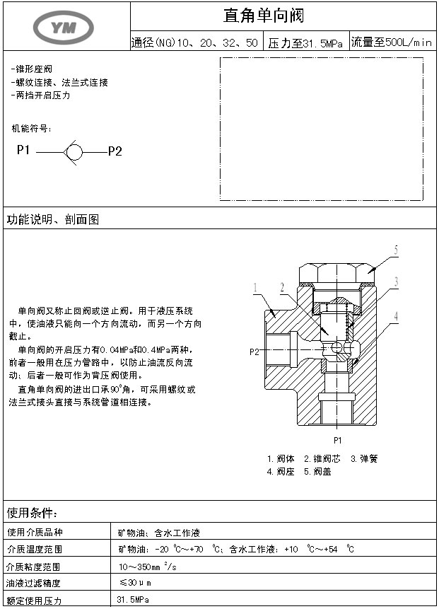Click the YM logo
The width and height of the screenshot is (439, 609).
64,26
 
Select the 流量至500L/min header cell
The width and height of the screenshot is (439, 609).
391,42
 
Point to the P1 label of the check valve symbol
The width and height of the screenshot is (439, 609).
23,150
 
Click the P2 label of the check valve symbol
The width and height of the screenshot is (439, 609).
115,151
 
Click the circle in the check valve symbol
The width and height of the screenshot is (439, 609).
74,151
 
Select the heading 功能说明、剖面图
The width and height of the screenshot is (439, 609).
53,220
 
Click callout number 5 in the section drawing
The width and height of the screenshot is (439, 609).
396,250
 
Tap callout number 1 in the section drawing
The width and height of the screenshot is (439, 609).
254,286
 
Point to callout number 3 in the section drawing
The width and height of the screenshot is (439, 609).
397,282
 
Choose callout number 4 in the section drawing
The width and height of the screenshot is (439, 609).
397,315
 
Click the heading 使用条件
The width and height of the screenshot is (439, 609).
32,513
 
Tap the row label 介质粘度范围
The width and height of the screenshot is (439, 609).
33,567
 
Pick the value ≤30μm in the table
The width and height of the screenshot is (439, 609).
135,583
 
